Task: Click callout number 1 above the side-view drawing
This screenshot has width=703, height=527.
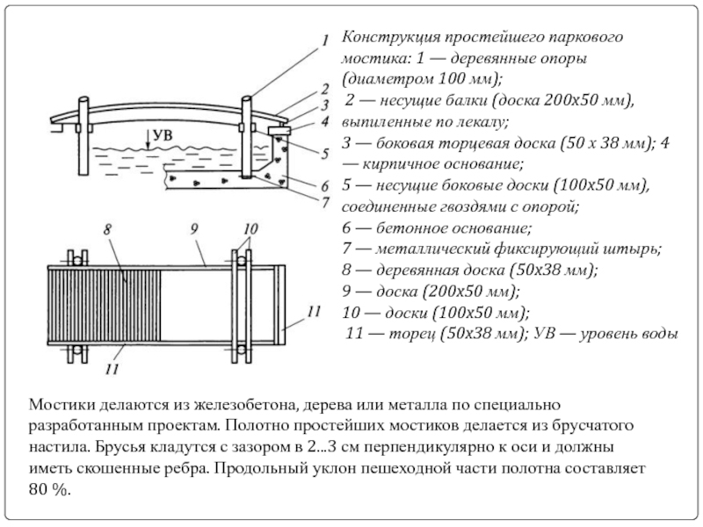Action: (x=325, y=40)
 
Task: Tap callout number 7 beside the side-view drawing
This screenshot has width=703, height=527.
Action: (x=326, y=203)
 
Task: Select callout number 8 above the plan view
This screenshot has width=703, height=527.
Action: (x=107, y=229)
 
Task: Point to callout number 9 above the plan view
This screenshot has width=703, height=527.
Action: (x=194, y=229)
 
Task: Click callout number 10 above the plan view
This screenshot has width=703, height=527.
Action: (x=250, y=229)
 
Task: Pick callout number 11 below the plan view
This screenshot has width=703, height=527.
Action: (x=112, y=369)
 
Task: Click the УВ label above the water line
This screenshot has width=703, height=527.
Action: (x=163, y=135)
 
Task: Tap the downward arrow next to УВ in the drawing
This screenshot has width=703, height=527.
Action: (x=147, y=138)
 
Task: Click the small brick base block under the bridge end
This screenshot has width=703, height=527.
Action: (x=279, y=130)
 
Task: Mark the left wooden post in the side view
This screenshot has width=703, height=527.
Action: (x=83, y=135)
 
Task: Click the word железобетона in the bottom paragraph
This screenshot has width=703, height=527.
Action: (x=246, y=405)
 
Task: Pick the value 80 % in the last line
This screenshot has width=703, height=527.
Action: (x=50, y=489)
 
